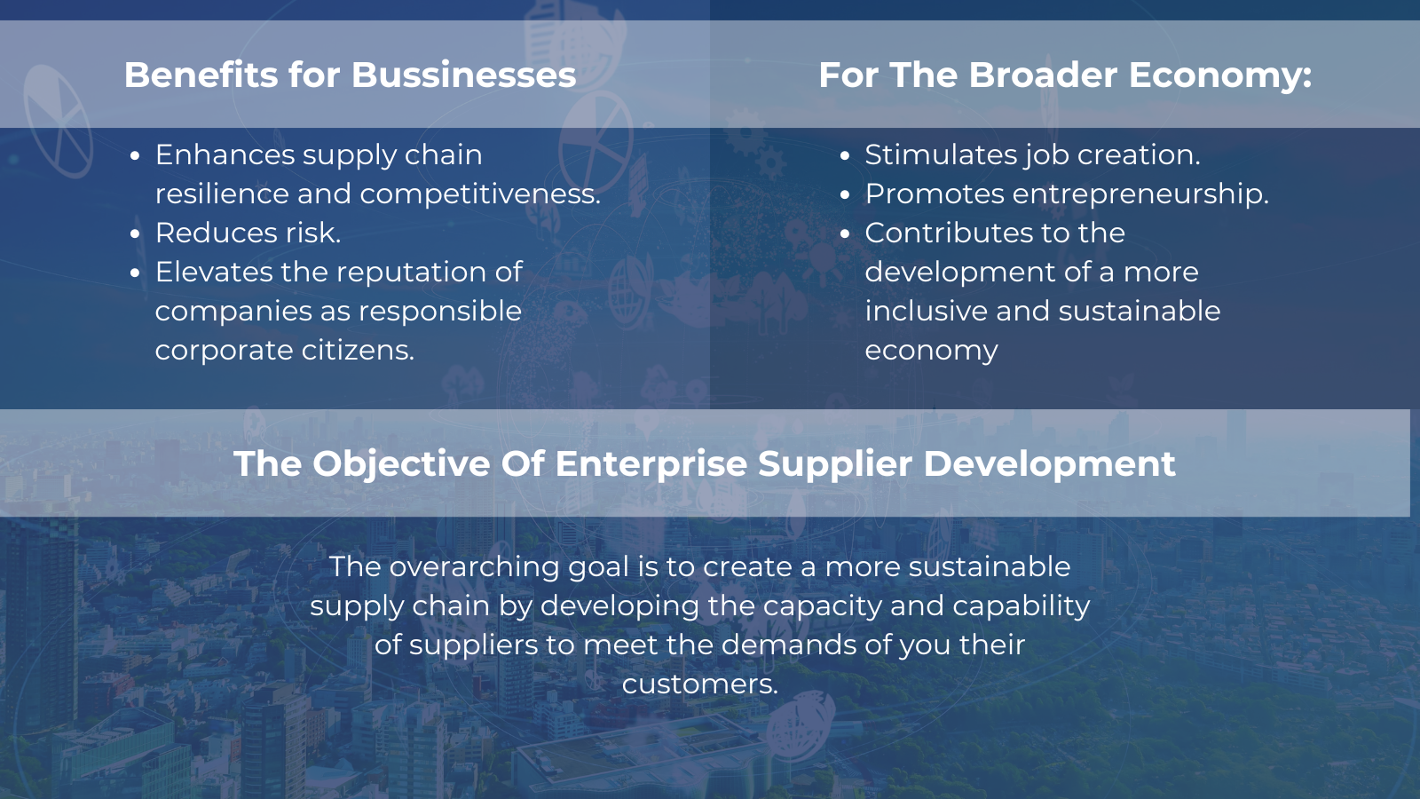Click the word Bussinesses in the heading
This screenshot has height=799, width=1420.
(x=463, y=75)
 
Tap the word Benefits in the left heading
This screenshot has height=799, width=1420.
(x=201, y=75)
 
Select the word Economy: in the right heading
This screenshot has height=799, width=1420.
(x=1220, y=76)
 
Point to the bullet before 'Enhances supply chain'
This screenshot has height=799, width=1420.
(x=134, y=156)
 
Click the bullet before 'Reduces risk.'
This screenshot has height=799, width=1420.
(x=134, y=234)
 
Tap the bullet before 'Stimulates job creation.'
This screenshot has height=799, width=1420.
(x=844, y=156)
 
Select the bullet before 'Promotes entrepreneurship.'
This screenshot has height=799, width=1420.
(x=844, y=195)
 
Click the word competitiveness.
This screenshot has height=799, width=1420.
(x=480, y=194)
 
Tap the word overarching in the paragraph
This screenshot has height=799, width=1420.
(x=474, y=568)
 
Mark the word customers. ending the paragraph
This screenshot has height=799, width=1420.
(x=700, y=684)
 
